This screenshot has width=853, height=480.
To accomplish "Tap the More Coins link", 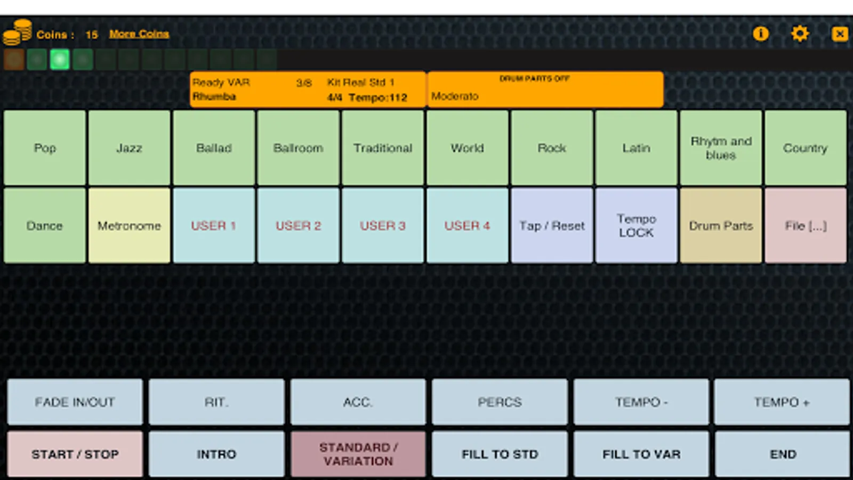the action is [139, 34].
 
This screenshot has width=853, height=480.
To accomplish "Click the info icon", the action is [760, 34].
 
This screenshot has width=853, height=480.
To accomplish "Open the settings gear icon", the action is [800, 34].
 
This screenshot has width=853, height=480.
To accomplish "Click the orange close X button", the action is [840, 34].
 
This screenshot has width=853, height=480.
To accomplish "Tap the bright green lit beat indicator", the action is [60, 59].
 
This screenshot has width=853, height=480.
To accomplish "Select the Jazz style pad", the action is [129, 148].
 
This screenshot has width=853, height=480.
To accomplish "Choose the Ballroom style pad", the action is [298, 148].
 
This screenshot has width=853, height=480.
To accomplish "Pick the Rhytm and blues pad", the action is [721, 148].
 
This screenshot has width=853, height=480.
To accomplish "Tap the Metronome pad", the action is [129, 226].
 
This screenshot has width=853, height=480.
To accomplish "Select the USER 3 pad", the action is [383, 226].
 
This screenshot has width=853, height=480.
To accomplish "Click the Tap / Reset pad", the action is [552, 226].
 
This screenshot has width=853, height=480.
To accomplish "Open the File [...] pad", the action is [806, 226].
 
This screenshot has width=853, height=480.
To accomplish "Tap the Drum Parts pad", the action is [721, 226].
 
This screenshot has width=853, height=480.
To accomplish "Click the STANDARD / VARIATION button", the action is [358, 454].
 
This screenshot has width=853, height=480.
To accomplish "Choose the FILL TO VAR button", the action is [641, 454].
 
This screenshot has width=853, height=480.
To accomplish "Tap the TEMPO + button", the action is [782, 402].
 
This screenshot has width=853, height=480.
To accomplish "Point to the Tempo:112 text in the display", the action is [378, 98].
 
